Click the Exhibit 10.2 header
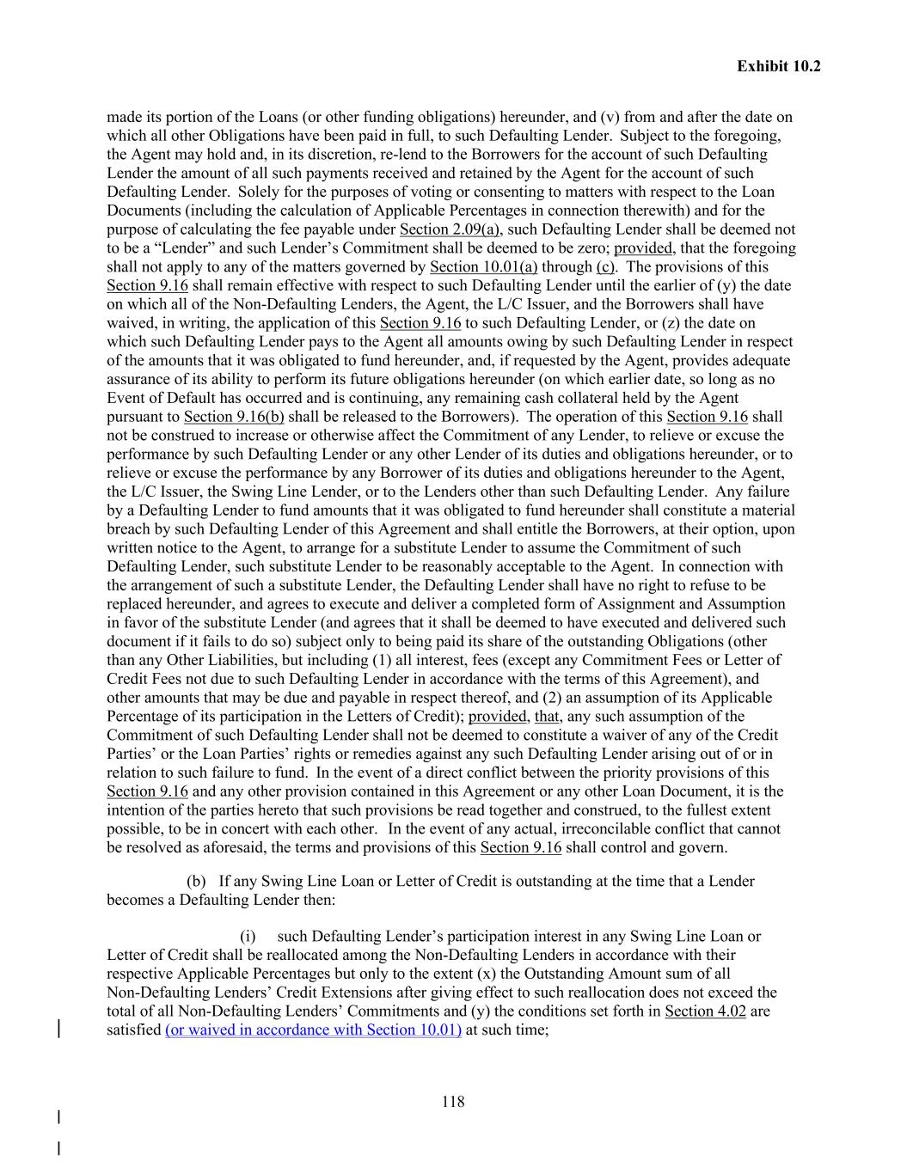click(778, 66)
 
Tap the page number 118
click(453, 1102)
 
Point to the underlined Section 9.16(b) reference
click(234, 417)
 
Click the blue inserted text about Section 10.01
click(313, 1029)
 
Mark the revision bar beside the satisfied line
click(58, 1029)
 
